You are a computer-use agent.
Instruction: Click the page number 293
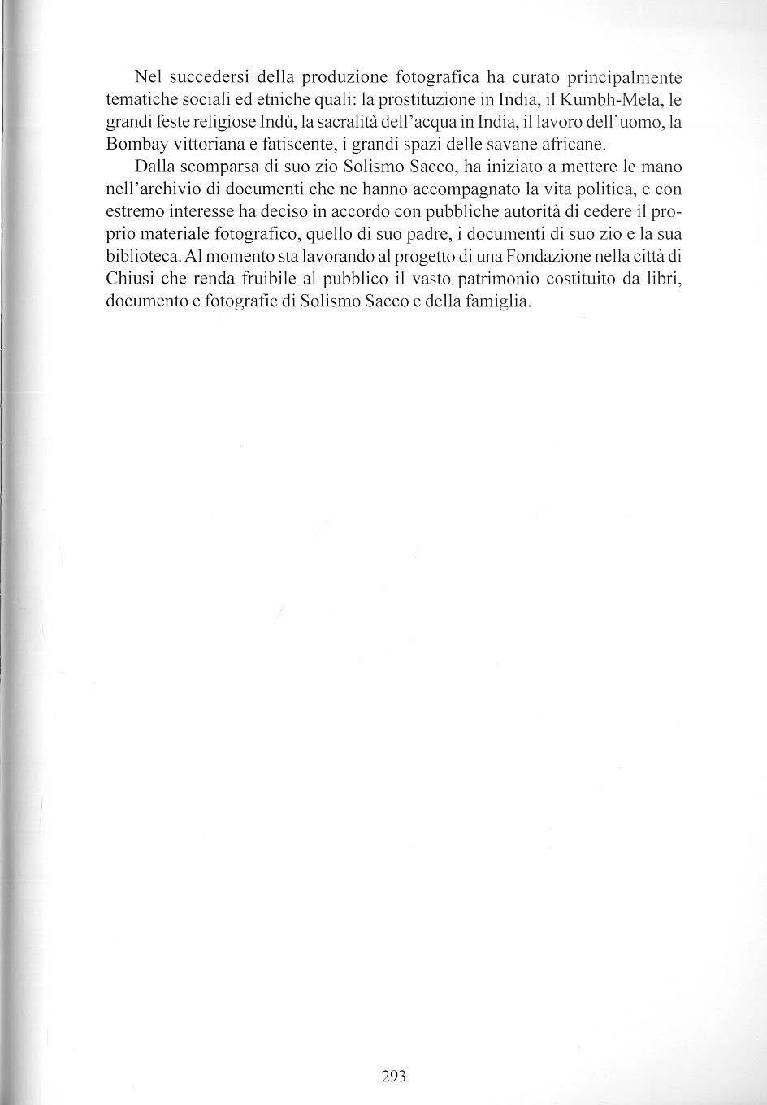393,1077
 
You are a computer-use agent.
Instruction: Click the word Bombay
134,145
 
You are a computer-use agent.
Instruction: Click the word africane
567,145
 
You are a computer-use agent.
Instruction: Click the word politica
597,190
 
